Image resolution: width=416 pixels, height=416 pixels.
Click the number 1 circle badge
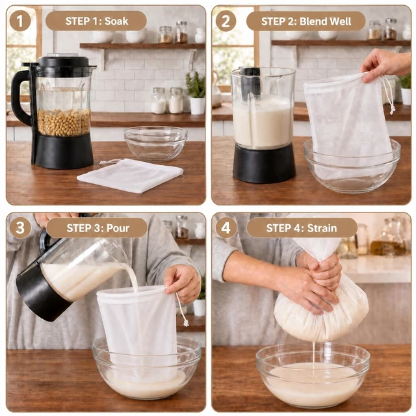pos(20,21)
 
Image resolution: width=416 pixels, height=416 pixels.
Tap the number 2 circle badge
pos(226,21)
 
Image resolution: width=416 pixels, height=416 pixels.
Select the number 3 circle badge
pos(20,228)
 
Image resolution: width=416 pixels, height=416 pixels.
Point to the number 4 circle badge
pos(226,228)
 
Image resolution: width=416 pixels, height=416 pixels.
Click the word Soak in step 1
pos(116,21)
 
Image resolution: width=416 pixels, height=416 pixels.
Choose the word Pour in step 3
pos(118,228)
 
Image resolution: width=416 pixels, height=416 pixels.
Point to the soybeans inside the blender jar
pos(64,122)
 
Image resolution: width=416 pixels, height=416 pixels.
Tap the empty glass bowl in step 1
pos(156,143)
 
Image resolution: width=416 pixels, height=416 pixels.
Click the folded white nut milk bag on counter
pos(131,175)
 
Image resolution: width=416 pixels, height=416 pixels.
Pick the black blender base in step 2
pos(265,163)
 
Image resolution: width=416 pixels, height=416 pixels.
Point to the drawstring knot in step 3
pos(187,323)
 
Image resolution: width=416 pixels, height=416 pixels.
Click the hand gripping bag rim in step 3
pos(183,284)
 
